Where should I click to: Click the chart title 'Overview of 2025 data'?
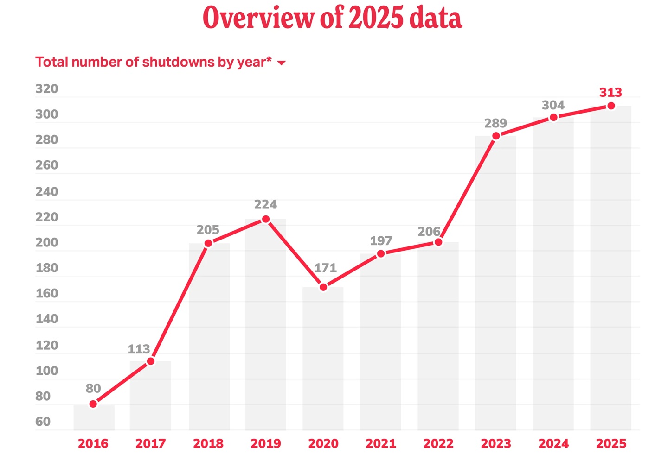pos(332,19)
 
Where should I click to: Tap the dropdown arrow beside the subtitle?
pos(281,63)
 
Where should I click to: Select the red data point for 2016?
pos(93,404)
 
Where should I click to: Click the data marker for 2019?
pos(266,219)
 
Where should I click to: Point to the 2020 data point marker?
pos(323,287)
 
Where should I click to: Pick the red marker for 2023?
pos(496,136)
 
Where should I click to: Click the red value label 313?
pos(610,93)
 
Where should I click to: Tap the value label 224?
pos(265,204)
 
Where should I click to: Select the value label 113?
pos(139,349)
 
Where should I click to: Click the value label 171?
pos(325,268)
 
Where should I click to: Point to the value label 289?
pos(495,123)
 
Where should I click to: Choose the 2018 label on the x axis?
pos(208,443)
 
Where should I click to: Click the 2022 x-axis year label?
pos(438,443)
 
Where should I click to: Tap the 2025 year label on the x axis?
pos(611,443)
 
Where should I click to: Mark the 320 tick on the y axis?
pos(47,89)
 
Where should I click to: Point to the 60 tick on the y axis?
pos(43,422)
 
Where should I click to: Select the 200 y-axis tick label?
pos(47,242)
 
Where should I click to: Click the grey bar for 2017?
pos(150,398)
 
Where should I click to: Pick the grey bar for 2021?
pos(380,343)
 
